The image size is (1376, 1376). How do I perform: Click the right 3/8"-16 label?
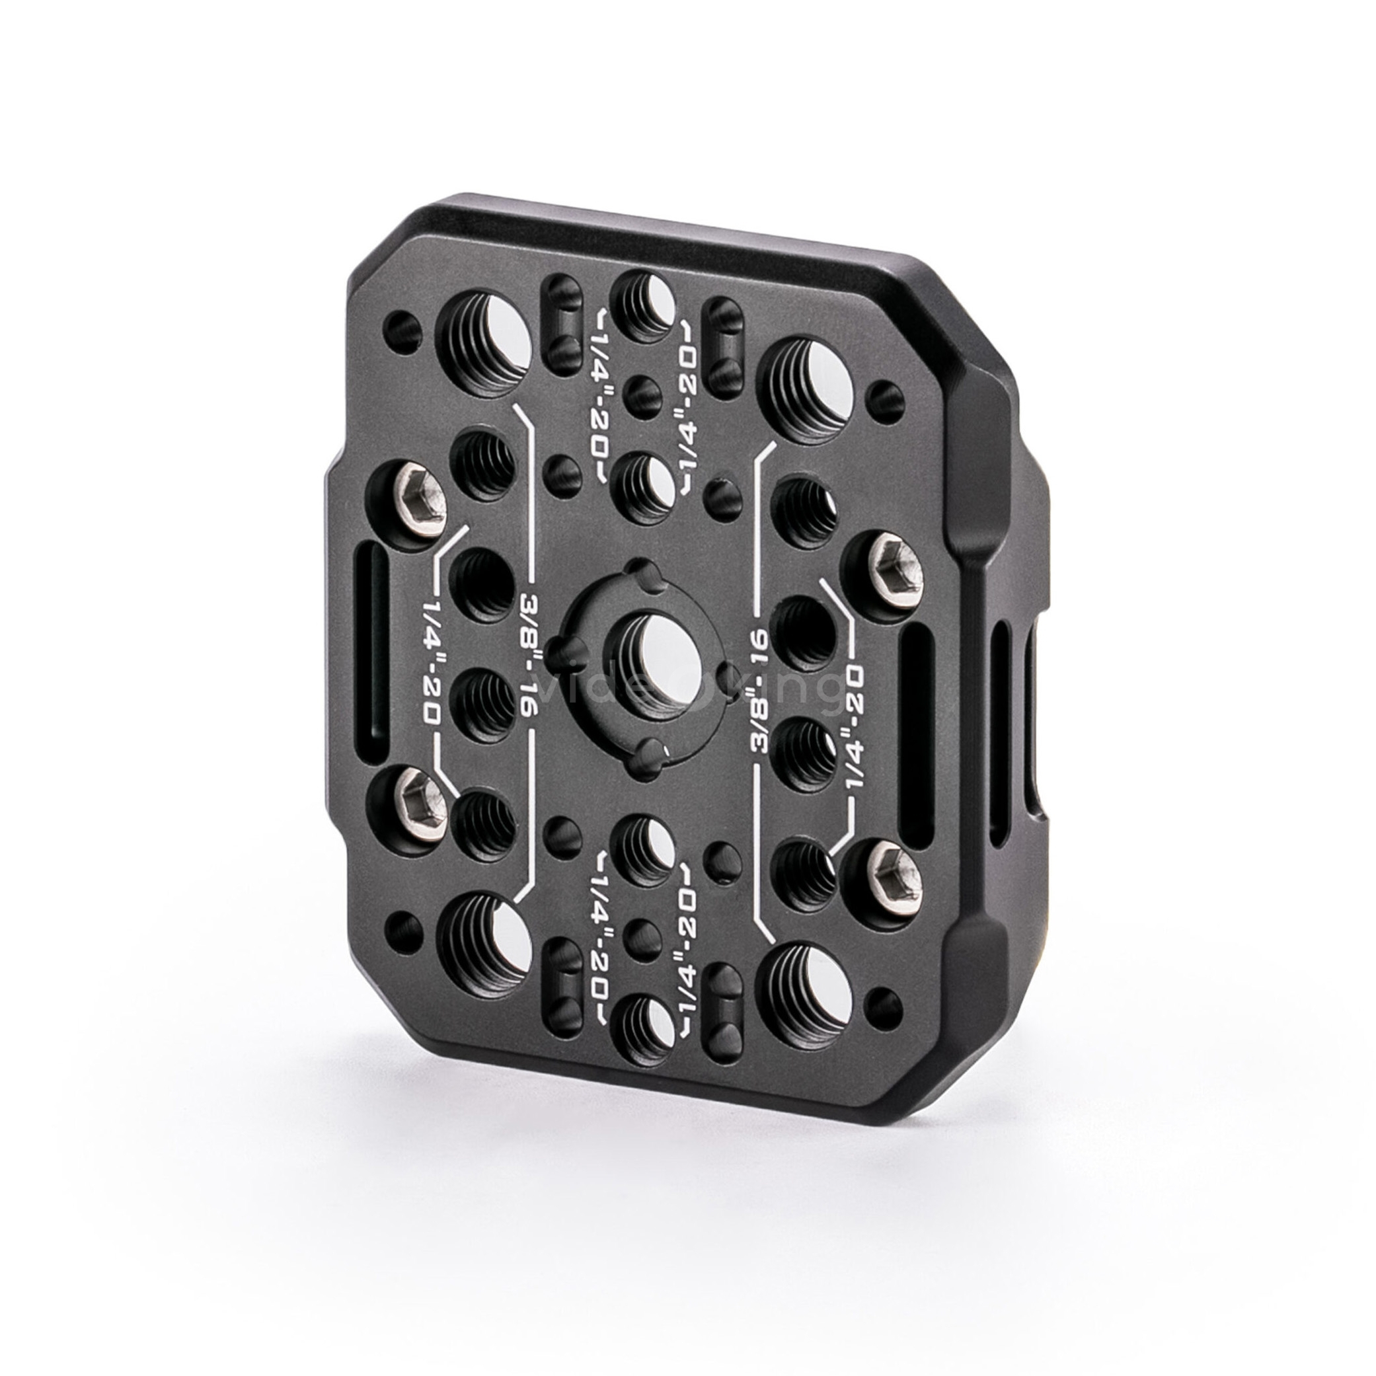[760, 691]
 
